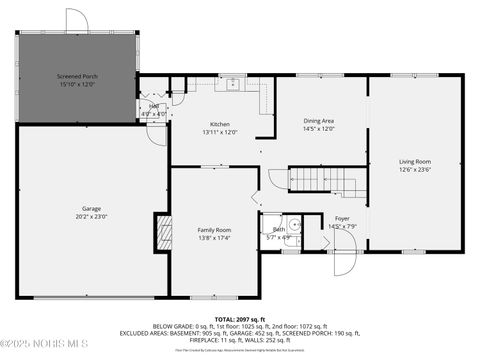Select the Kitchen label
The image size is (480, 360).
tap(219, 124)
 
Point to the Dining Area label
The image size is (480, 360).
tap(318, 121)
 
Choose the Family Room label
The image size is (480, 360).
tap(213, 231)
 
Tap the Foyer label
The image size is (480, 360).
tap(342, 218)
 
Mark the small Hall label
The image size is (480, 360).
tap(154, 106)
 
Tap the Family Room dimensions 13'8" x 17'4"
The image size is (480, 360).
tap(213, 238)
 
